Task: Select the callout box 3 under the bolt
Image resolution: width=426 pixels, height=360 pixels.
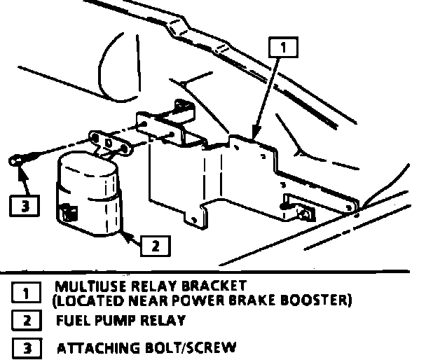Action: pos(25,206)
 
